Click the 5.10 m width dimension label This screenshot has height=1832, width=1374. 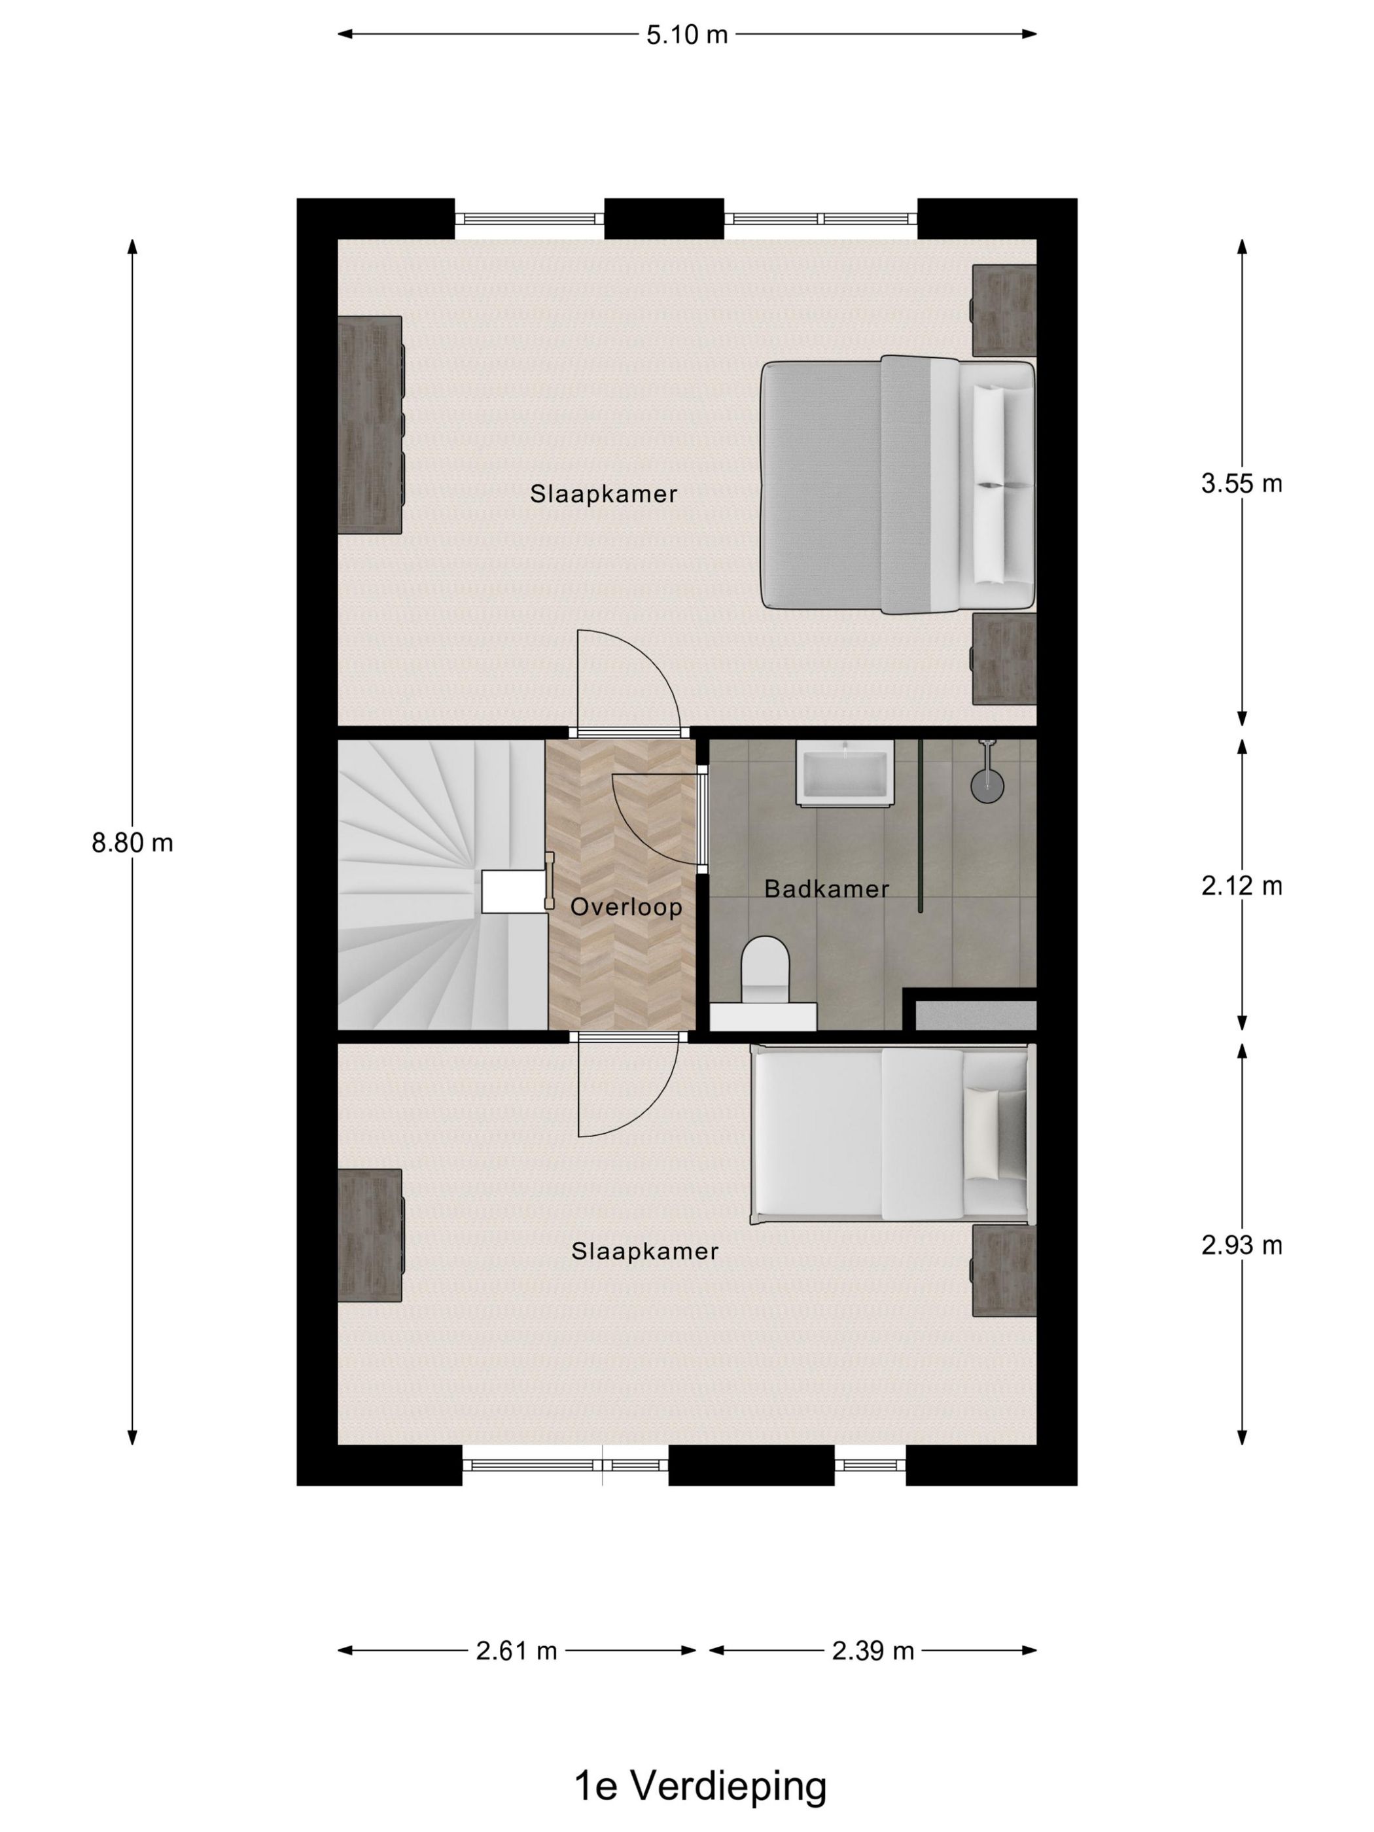click(x=686, y=35)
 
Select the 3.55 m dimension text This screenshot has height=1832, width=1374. click(x=1241, y=483)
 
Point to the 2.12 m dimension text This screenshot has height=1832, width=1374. click(x=1241, y=886)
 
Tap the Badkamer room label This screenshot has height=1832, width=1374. click(x=826, y=889)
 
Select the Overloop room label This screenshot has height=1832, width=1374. click(x=626, y=907)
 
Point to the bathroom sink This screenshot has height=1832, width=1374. click(x=844, y=772)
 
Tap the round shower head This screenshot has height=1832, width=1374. click(x=985, y=784)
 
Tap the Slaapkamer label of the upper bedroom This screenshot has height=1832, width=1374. click(x=603, y=495)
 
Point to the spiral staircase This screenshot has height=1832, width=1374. click(x=431, y=882)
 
